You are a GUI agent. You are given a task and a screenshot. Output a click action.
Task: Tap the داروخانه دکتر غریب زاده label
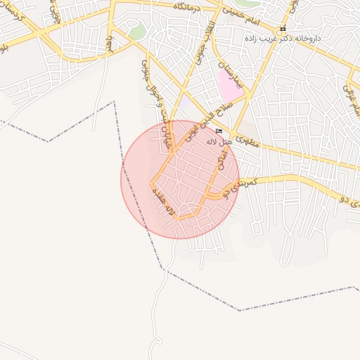tap(288, 37)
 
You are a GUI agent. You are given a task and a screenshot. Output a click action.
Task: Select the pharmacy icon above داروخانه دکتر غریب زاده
tap(283, 29)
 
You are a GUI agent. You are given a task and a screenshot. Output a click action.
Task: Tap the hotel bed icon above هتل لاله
tap(219, 131)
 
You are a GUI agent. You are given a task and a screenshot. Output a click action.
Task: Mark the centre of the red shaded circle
tap(180, 179)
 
